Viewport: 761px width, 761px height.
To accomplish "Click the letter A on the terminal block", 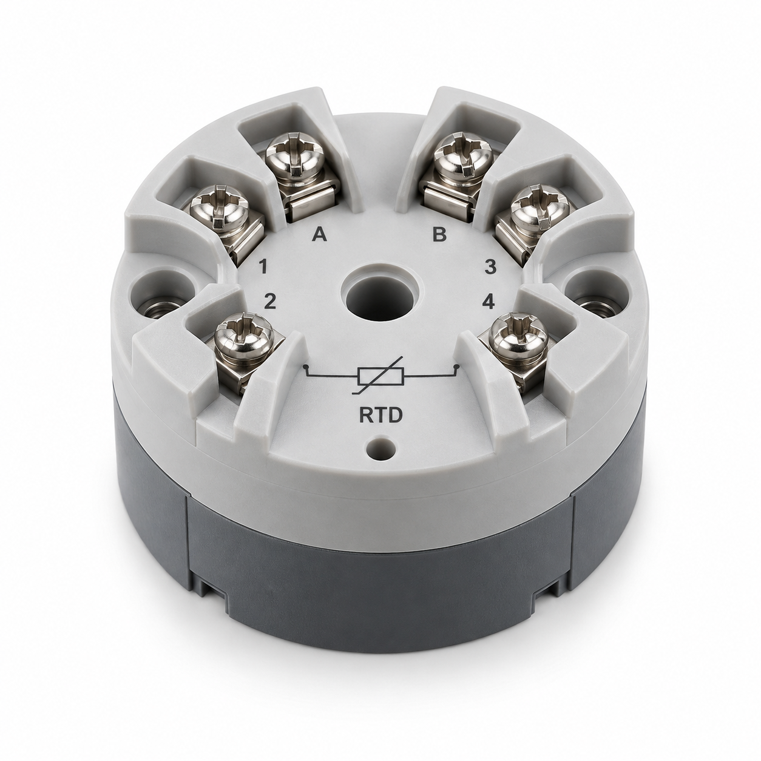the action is (320, 235).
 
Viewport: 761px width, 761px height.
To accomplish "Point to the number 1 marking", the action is (263, 268).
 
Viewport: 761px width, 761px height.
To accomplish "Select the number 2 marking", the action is (269, 302).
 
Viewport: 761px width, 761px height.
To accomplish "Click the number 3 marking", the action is (490, 267).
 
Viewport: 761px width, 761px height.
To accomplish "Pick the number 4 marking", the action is (489, 302).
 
